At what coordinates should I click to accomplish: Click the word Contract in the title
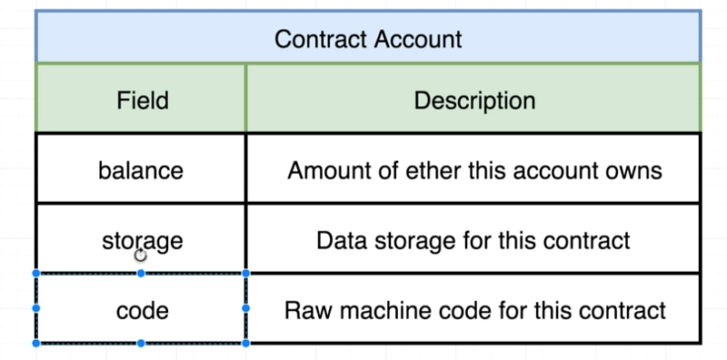tap(322, 39)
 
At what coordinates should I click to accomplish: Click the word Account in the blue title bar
tap(419, 39)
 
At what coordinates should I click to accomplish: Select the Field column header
tap(143, 100)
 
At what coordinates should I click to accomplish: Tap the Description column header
tap(474, 100)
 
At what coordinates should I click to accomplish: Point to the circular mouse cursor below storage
tap(141, 255)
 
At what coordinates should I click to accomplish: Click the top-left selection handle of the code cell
tap(36, 274)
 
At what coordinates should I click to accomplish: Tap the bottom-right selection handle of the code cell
tap(245, 344)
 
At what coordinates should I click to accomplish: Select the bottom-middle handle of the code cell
tap(141, 344)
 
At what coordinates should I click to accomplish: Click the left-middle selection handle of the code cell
tap(36, 308)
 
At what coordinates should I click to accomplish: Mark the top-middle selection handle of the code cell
tap(141, 274)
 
